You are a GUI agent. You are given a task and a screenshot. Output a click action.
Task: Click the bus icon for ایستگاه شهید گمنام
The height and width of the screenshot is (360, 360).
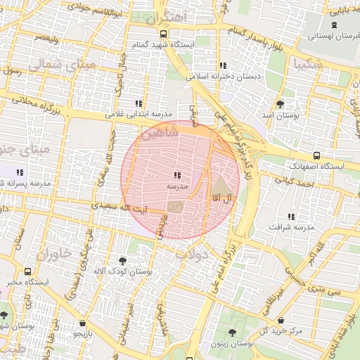click(164, 34)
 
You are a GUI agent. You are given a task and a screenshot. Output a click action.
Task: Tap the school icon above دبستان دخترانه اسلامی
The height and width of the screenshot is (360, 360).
click(224, 65)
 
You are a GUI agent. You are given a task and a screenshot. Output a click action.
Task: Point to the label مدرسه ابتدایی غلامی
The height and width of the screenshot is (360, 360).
click(139, 114)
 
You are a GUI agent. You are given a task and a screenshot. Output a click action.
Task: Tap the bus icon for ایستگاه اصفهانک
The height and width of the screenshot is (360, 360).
click(316, 155)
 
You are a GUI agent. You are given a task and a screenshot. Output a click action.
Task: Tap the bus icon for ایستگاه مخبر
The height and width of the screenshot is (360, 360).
click(27, 271)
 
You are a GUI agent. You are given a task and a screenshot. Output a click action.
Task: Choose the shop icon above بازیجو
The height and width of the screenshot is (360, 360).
click(83, 323)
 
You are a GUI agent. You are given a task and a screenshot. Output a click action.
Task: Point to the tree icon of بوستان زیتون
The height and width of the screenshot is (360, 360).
click(231, 332)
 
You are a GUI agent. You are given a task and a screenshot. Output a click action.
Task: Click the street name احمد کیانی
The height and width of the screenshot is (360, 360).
click(293, 182)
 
